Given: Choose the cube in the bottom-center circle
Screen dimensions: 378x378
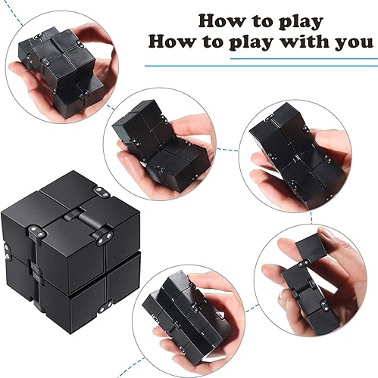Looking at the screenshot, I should point(183,310).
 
